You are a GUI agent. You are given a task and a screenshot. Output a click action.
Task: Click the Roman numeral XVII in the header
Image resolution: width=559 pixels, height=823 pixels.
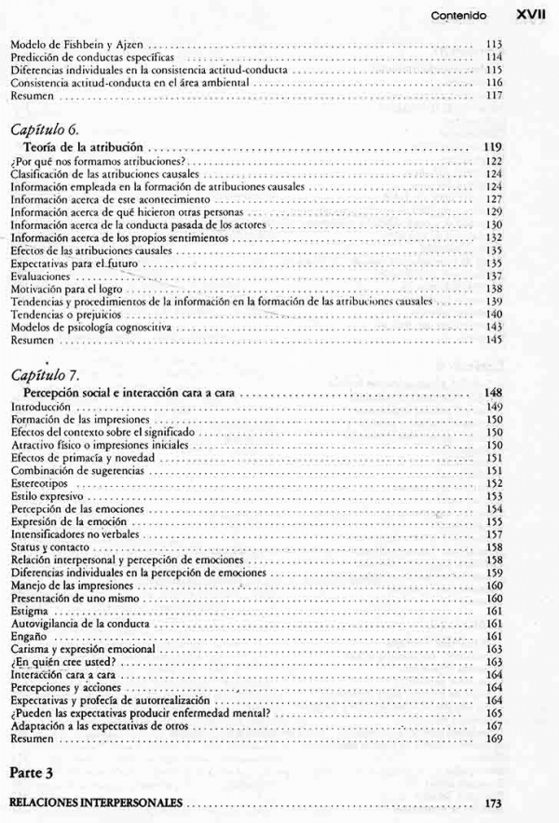tap(527, 15)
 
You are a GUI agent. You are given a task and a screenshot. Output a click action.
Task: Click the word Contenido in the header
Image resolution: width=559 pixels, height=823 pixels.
tap(458, 16)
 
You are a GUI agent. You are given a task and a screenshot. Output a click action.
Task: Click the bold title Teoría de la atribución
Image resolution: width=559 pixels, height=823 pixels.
tap(85, 147)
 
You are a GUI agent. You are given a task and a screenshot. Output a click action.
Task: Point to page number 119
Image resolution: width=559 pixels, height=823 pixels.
tap(494, 147)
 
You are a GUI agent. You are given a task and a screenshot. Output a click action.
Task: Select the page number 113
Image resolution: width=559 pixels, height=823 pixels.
tap(494, 44)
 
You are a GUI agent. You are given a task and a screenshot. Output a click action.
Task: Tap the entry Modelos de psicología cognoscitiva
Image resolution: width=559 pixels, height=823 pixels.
tap(89, 329)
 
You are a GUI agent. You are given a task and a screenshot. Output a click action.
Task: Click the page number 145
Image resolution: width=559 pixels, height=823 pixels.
tap(494, 342)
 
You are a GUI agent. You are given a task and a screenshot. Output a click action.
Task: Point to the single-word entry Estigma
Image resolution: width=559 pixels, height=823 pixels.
tap(27, 610)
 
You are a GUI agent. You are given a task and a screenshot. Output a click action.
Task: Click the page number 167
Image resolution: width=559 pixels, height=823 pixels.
tap(494, 726)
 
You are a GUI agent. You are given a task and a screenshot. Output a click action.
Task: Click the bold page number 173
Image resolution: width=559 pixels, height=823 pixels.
tap(494, 803)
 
